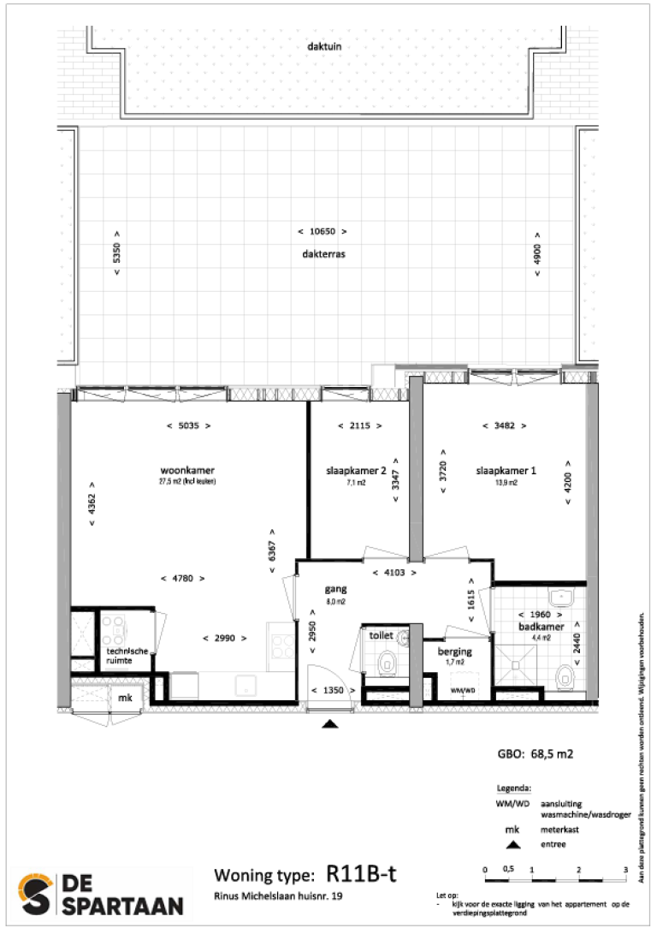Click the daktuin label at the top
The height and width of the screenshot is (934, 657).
[325, 47]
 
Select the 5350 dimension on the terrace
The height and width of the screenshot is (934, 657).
[117, 253]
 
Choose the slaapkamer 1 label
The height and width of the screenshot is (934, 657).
[507, 471]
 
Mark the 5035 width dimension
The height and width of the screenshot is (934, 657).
[186, 425]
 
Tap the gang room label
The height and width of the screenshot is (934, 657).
[334, 590]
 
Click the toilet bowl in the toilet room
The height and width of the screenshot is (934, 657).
[387, 662]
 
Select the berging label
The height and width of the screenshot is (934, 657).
[455, 651]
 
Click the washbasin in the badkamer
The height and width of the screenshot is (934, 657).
[561, 597]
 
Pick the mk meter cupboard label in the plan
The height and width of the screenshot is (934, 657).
[125, 699]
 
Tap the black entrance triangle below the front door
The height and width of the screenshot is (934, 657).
[330, 725]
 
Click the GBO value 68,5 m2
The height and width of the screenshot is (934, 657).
[535, 755]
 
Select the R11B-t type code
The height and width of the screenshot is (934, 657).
[362, 874]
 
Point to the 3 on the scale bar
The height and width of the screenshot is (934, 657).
[625, 870]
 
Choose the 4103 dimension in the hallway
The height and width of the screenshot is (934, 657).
[395, 573]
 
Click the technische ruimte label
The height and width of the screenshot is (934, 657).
[127, 656]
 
